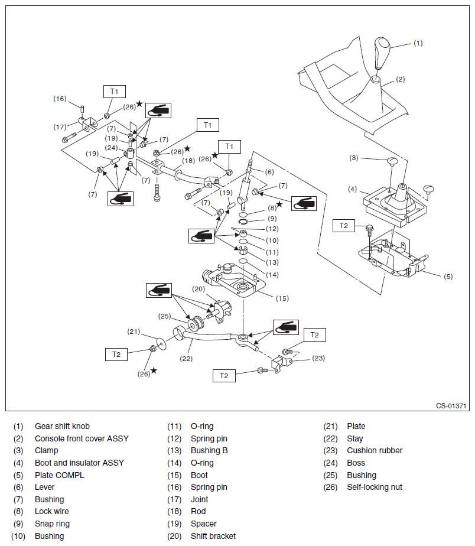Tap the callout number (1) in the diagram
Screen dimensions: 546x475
coord(418,43)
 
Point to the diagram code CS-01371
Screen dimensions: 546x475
coord(451,406)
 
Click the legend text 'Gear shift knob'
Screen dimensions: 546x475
coord(62,426)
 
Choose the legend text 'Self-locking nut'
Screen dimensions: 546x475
coord(375,487)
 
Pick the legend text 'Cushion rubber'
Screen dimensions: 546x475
coord(375,450)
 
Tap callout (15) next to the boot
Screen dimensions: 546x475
coord(282,298)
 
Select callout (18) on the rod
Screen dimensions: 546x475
coord(188,161)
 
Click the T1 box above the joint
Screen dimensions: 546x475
coord(114,92)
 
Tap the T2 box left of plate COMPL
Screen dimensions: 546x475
coord(343,226)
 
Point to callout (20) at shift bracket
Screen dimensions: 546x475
coord(198,289)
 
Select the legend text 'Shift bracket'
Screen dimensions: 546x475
coord(213,536)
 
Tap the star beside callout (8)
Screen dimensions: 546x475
coord(279,204)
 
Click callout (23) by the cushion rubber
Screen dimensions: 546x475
coord(318,357)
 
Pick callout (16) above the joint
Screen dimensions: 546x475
coord(60,99)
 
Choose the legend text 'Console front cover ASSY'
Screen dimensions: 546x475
coord(82,438)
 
